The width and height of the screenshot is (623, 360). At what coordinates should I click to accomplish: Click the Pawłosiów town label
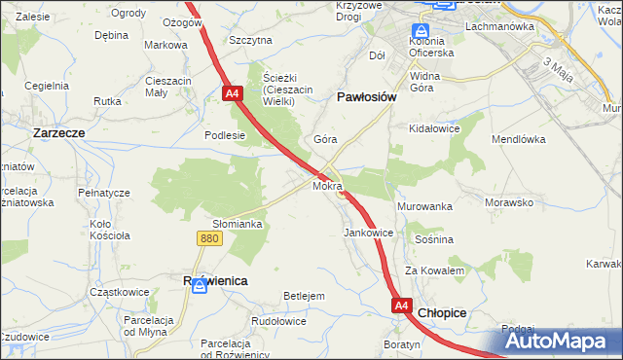pos(365,97)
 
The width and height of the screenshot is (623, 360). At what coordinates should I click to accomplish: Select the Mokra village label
pos(327,185)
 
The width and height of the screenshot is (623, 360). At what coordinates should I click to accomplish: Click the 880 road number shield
pos(207,237)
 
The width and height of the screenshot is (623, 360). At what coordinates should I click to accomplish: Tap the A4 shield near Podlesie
pos(232,94)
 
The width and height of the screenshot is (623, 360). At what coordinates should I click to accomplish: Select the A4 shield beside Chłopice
pos(402,306)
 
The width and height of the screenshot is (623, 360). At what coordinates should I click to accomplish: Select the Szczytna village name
pos(250,40)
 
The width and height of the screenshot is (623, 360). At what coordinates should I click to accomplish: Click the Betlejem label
pos(303,296)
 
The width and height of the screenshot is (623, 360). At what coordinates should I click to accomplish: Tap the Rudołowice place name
pos(278,321)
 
